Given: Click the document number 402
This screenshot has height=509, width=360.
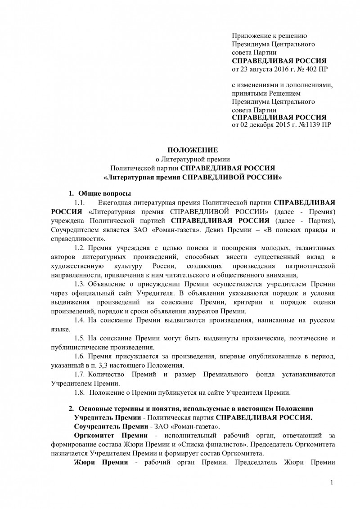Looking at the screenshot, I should pyautogui.click(x=308, y=70).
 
